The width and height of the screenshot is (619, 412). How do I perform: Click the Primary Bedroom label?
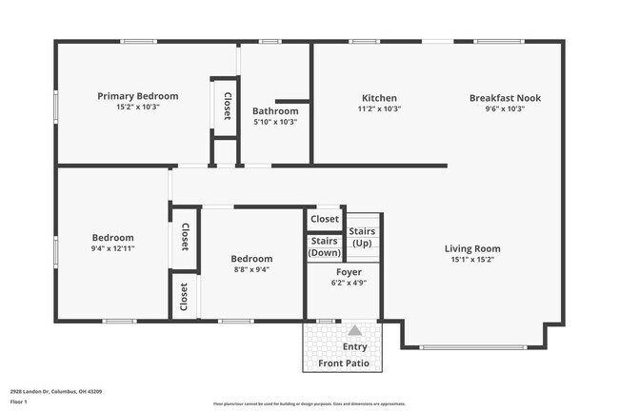pos(138,96)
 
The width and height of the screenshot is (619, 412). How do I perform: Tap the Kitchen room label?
pos(379,98)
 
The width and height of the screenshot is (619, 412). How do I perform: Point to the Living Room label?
pos(472,249)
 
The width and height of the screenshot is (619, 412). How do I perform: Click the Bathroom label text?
pos(275,111)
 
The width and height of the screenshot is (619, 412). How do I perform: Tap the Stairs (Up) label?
pos(362,237)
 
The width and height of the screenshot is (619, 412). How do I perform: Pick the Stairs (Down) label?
pos(325,246)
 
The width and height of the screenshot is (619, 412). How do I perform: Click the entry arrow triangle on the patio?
pos(354,330)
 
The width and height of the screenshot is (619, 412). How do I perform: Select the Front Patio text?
pos(343,363)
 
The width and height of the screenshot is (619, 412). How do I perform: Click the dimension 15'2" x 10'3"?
pos(138,108)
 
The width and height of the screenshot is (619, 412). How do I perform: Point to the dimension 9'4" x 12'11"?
pos(112,248)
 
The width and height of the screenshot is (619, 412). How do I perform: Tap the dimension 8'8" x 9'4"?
pos(251,269)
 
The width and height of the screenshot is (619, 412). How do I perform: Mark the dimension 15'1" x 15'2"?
pos(472,260)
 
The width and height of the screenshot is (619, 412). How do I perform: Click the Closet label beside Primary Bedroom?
pos(227,106)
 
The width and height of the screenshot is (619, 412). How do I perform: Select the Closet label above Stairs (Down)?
pos(325,219)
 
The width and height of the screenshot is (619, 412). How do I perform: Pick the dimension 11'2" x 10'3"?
pos(379,109)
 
